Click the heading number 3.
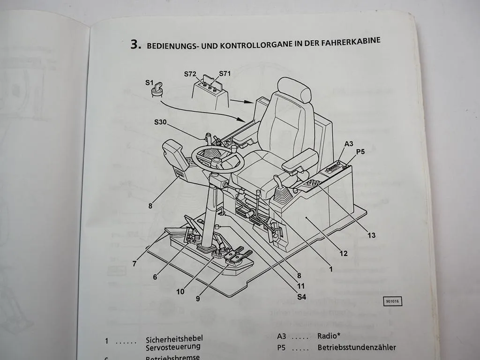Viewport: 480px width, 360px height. [x=135, y=45]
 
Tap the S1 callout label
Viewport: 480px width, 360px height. [x=150, y=83]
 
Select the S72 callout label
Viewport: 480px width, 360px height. [x=190, y=74]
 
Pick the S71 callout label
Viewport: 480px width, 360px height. [x=225, y=74]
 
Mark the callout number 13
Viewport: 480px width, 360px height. [x=371, y=235]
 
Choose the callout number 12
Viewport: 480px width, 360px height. [x=344, y=254]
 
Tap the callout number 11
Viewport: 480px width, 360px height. [x=300, y=285]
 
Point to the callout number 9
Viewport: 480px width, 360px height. [x=198, y=298]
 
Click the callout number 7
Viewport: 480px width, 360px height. [x=135, y=264]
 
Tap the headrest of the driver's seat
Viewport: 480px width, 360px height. [x=294, y=89]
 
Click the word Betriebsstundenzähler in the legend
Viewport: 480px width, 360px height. [x=356, y=347]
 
